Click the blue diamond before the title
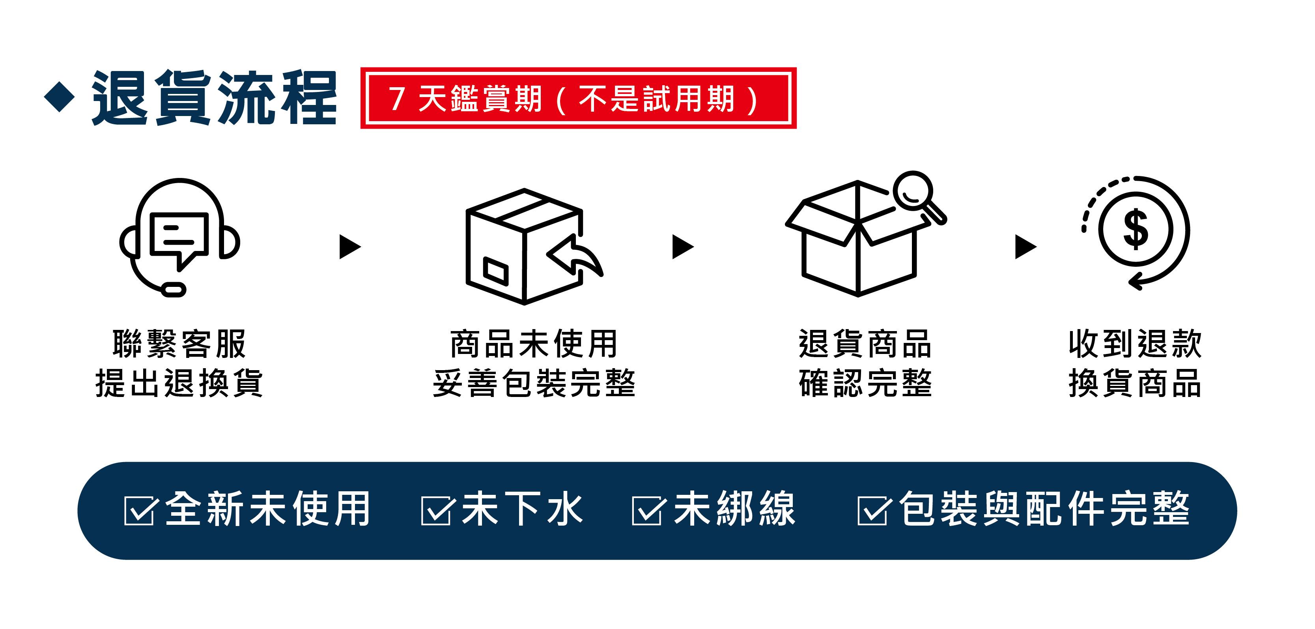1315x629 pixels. coord(60,96)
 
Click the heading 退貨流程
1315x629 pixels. coord(215,97)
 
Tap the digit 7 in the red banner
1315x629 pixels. coord(397,99)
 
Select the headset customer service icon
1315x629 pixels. coord(180,238)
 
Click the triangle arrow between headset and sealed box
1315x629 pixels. coord(350,247)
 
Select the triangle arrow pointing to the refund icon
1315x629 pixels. coord(1025,247)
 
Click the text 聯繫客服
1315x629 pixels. coord(180,344)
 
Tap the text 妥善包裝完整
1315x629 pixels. coord(534,383)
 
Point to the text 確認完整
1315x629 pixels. coord(866,383)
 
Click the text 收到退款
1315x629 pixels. coord(1135,344)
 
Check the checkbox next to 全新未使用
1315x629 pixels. coord(139,511)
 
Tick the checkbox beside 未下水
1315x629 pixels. coord(435,511)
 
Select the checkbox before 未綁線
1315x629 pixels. coord(647,511)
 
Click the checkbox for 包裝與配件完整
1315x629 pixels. coord(872,511)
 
